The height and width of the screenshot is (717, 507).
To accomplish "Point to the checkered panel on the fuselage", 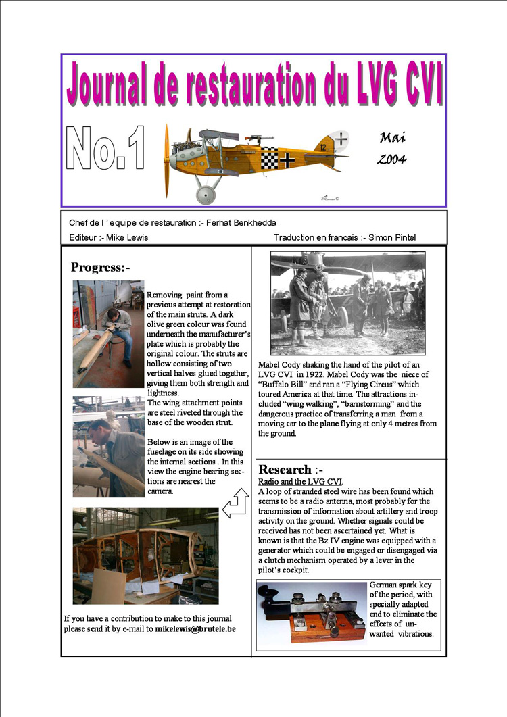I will tap(270, 157).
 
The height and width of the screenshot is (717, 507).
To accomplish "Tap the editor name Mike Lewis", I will tap(128, 237).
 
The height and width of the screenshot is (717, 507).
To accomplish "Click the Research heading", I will tap(285, 469).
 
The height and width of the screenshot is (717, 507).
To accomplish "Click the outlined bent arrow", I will tap(236, 505).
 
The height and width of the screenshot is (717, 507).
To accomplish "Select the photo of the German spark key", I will tap(312, 612).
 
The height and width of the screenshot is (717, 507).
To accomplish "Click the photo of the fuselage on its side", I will tap(145, 555).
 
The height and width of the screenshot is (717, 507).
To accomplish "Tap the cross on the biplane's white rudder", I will tap(343, 139).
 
